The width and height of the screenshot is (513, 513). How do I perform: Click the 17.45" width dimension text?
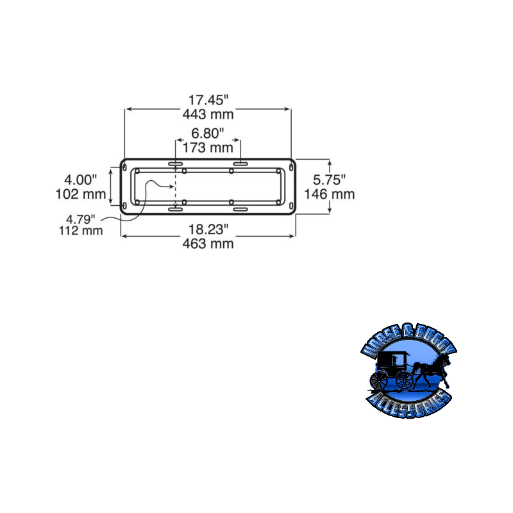[x=208, y=100]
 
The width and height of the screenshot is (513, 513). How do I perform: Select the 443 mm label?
[x=208, y=115]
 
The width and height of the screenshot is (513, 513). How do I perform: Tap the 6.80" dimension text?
[x=208, y=133]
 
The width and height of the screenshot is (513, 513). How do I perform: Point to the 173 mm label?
[x=208, y=148]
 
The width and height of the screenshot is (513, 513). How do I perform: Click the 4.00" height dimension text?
[x=81, y=179]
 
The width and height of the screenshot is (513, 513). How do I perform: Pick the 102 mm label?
[x=81, y=194]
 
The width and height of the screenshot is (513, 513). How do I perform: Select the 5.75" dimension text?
[x=329, y=179]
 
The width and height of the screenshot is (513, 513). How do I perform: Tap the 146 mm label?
[x=329, y=194]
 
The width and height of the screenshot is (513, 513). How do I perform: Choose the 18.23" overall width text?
[x=208, y=229]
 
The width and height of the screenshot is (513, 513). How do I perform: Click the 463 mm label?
[x=208, y=244]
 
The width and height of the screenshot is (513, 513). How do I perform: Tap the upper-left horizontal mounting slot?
[x=175, y=165]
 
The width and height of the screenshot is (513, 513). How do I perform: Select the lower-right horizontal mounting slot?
[x=240, y=210]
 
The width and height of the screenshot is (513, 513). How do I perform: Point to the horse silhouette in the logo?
[x=430, y=372]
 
